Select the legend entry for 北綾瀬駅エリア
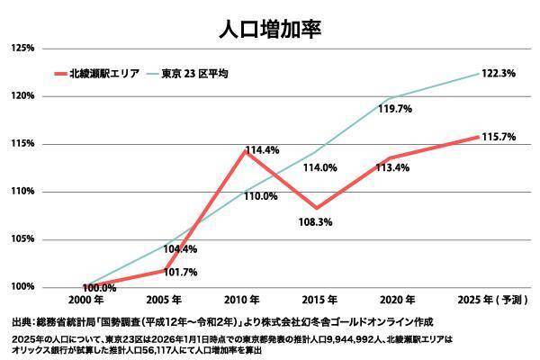point(107,73)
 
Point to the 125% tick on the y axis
point(22,48)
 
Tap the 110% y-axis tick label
point(22,192)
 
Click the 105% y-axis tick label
point(22,239)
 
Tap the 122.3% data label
point(499,73)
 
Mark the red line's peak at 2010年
point(244,150)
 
